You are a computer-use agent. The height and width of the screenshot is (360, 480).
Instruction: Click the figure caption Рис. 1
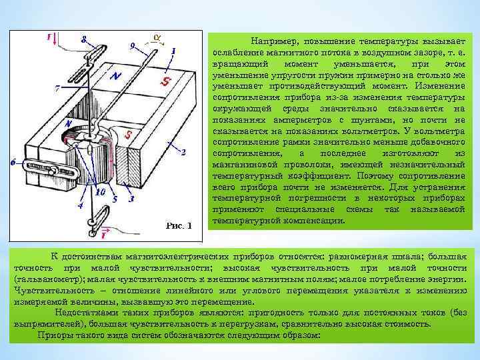point(177,225)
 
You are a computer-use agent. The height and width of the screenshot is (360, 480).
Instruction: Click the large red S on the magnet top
point(164,81)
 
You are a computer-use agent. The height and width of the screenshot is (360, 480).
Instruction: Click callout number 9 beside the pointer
point(132,45)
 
